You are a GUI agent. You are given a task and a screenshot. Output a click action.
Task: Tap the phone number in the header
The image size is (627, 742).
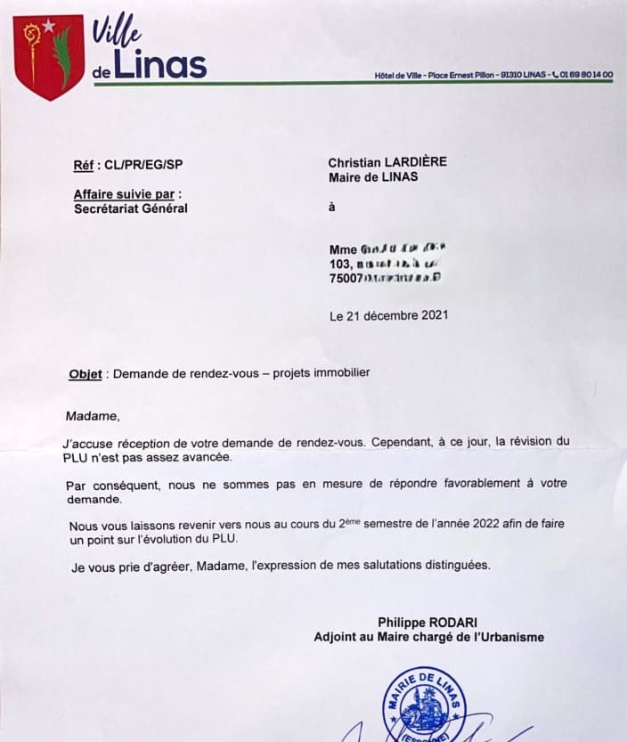[x=586, y=75]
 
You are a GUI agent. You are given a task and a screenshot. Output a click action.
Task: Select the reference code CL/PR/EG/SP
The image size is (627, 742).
[x=143, y=164]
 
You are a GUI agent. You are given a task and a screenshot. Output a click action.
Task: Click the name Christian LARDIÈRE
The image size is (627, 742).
[x=387, y=162]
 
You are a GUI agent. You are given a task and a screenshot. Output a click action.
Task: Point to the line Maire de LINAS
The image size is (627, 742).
[x=373, y=176]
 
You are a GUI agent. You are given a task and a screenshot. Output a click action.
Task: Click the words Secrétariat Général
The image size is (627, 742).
[x=131, y=209]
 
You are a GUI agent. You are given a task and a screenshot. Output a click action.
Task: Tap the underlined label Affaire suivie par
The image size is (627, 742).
[x=126, y=193]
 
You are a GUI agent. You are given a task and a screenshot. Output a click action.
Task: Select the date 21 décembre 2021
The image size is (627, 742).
[x=397, y=315]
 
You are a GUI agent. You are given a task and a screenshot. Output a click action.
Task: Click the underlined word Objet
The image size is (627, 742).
[x=85, y=374]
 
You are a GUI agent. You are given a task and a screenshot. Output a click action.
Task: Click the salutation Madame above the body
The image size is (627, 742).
[x=92, y=415]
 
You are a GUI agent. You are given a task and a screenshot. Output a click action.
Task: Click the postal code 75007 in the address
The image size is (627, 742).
[x=346, y=278]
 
